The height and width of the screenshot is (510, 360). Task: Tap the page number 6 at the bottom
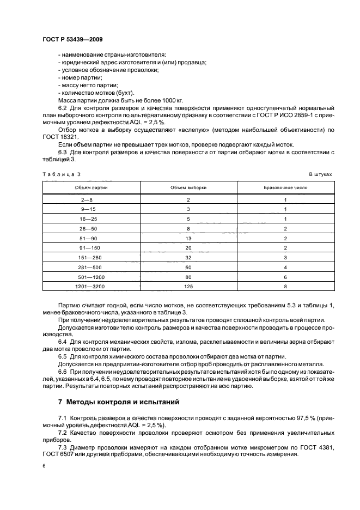pos(44,466)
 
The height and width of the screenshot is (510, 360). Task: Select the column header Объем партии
pos(91,187)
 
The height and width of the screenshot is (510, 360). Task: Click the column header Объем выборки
pos(188,187)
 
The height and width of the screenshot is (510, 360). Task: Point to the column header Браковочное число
pos(285,187)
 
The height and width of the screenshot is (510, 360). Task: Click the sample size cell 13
pos(188,238)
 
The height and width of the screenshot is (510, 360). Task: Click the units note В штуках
pos(320,174)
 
